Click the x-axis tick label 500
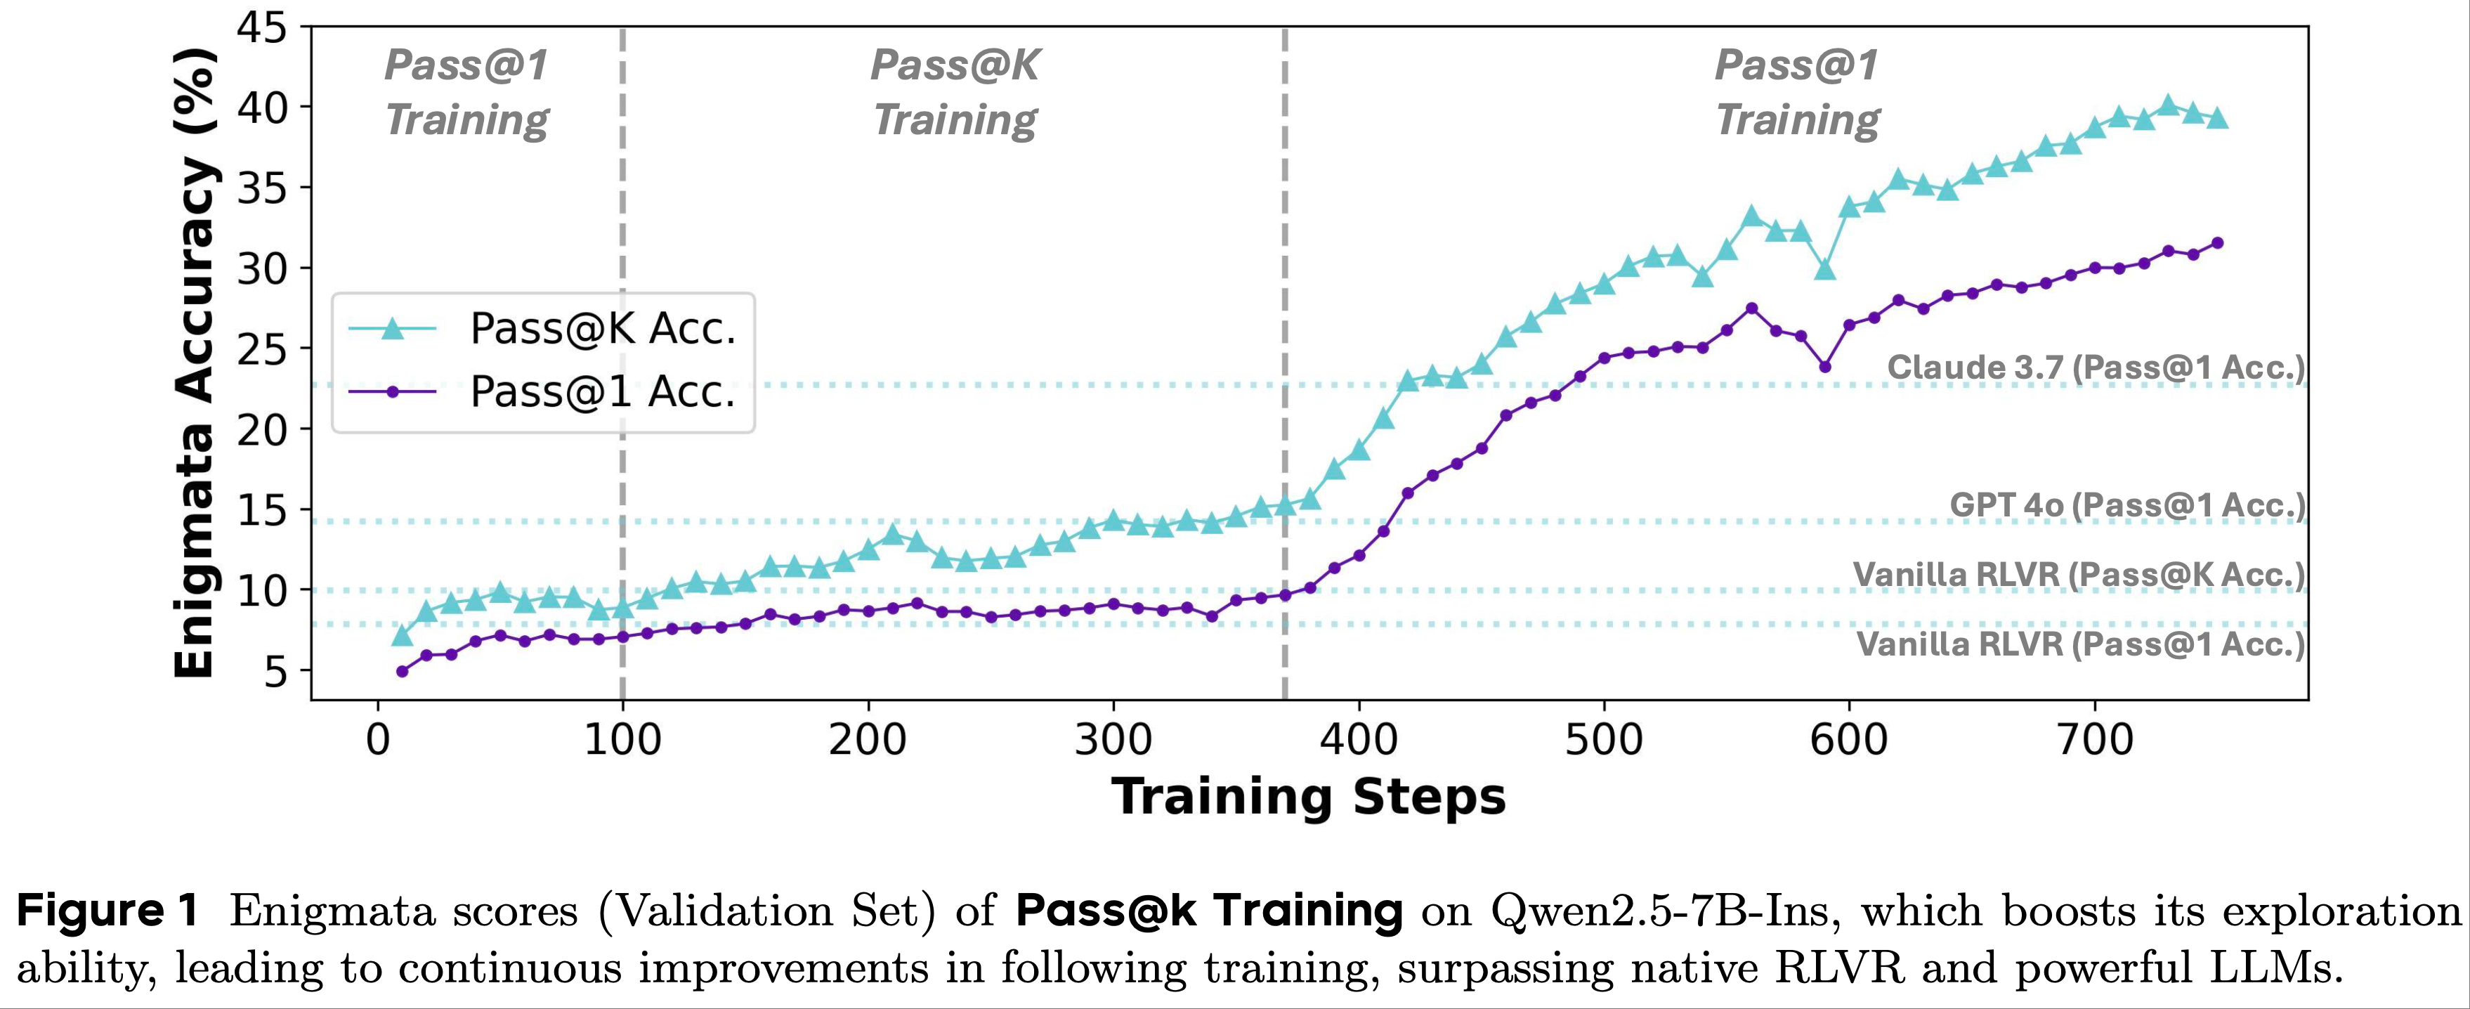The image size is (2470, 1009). (1603, 739)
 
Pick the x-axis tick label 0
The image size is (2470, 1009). (379, 739)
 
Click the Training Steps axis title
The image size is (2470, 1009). (1309, 797)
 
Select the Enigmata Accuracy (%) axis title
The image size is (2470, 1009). (195, 365)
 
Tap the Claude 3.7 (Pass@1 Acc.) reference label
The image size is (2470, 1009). (2095, 367)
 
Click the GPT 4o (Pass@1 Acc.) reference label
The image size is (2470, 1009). (2126, 505)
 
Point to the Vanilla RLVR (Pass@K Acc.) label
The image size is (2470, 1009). (2078, 575)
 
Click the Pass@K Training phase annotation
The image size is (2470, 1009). (955, 92)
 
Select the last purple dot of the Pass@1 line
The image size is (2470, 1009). (2217, 242)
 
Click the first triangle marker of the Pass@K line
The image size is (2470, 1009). (403, 635)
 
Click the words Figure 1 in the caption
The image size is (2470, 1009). (107, 910)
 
